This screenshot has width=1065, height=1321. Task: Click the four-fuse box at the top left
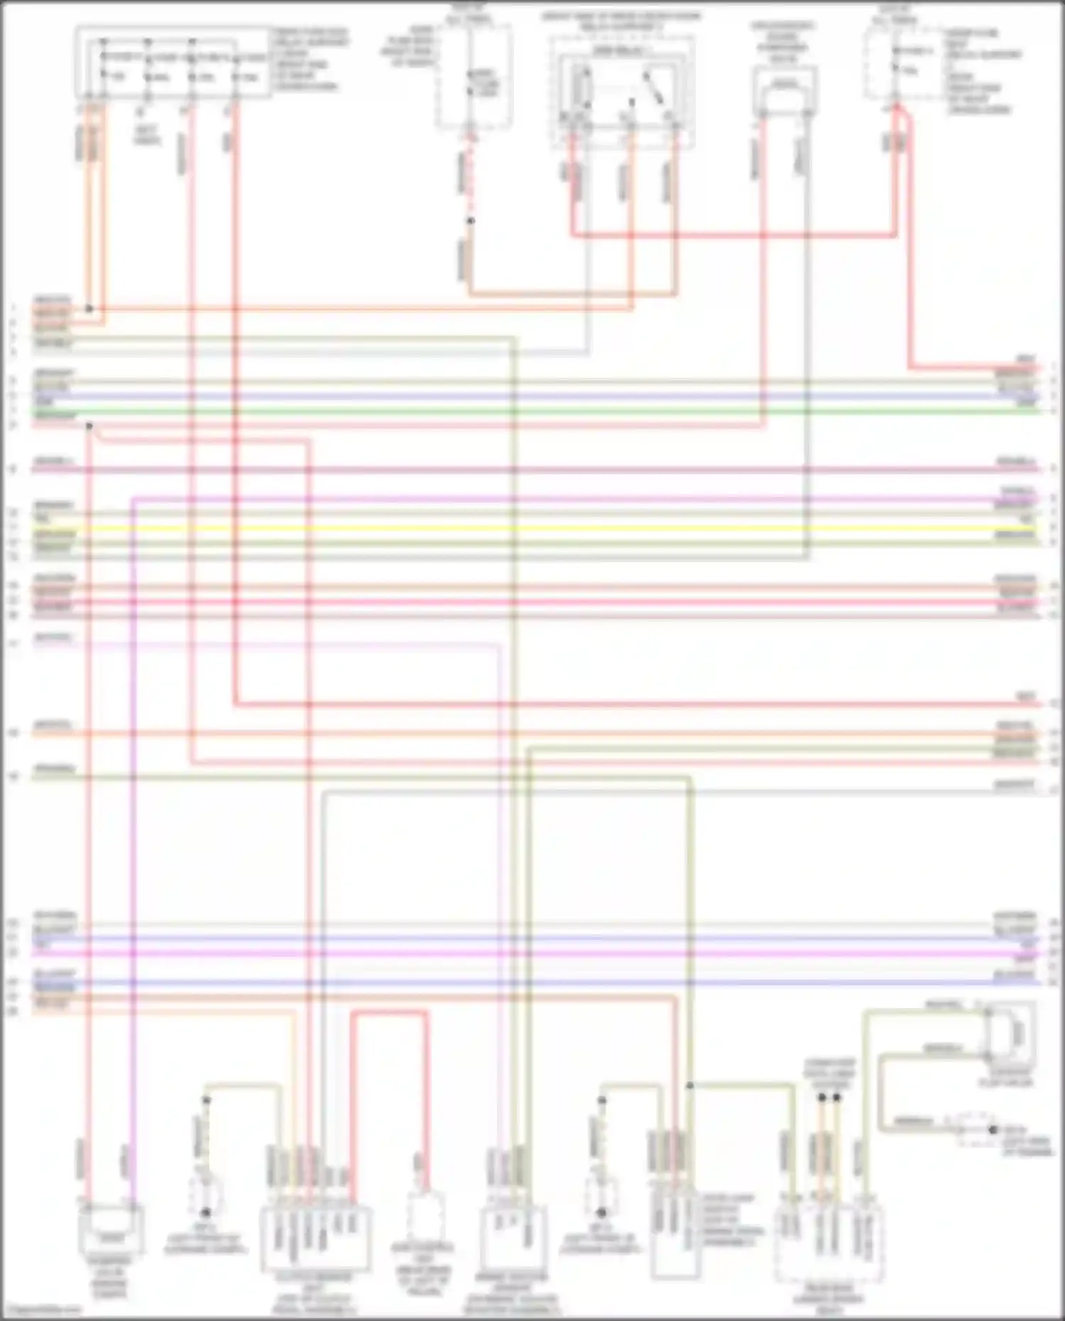coord(173,62)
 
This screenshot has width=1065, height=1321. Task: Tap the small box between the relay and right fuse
coord(785,91)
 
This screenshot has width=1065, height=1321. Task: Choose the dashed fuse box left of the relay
coord(474,77)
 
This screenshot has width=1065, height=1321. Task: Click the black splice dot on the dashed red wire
coord(470,221)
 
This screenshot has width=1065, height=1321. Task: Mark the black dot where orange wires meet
coord(89,309)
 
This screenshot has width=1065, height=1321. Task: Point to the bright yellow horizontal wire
coord(532,528)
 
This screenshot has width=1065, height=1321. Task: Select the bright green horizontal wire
coord(532,412)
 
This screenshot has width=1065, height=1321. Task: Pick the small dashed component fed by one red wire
coord(425,1215)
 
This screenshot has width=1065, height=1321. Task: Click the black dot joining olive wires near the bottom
coord(689,1085)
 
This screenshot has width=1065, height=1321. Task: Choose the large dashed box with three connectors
coord(829,1246)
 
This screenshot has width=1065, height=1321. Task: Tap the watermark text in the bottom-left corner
coord(41,1310)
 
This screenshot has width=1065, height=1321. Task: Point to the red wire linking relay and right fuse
coord(731,234)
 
